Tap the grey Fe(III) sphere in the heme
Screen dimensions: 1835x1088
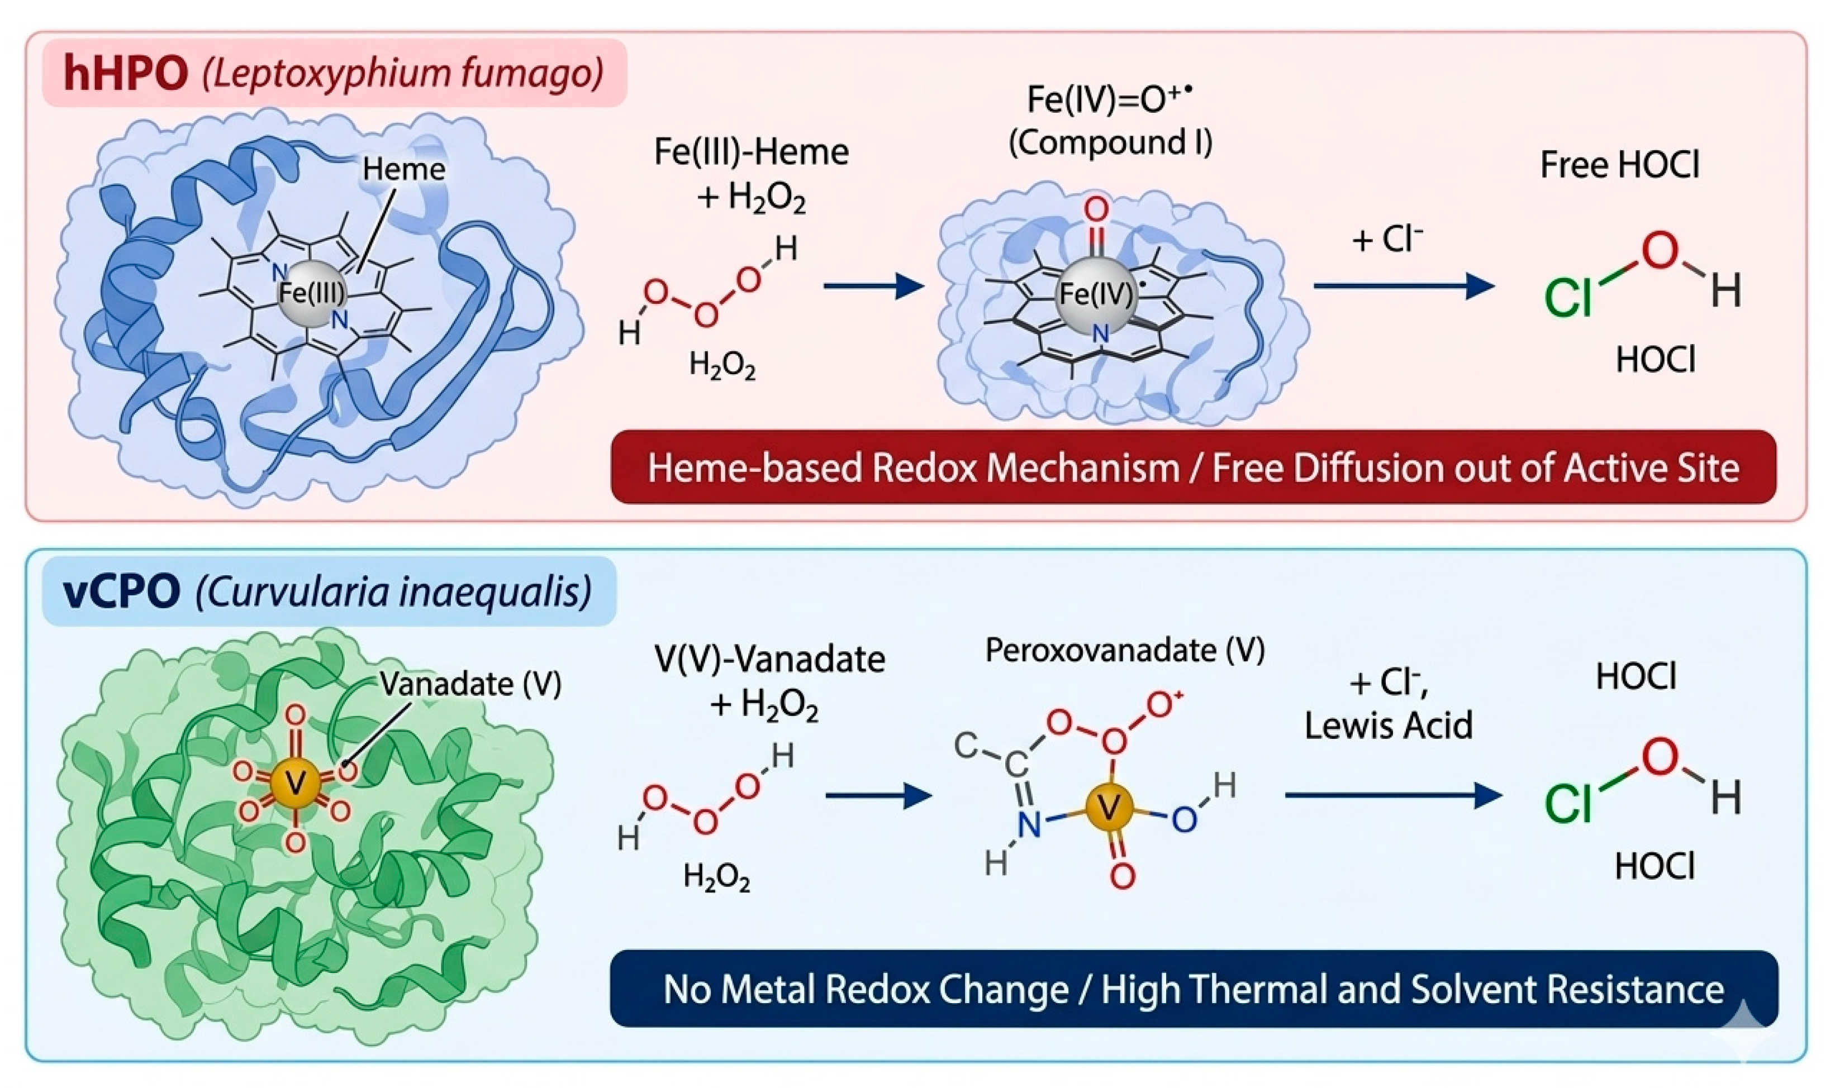(x=312, y=293)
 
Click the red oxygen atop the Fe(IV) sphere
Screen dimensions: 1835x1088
(x=1096, y=211)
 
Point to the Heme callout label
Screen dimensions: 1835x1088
(x=403, y=169)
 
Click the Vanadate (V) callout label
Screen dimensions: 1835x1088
(x=470, y=685)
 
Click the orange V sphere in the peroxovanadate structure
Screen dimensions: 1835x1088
(x=1110, y=809)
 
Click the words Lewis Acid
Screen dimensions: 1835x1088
(x=1389, y=725)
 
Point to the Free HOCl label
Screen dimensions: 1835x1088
(x=1619, y=164)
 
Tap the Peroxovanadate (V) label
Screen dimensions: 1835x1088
(x=1124, y=650)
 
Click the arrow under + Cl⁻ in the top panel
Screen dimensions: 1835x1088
(x=1404, y=285)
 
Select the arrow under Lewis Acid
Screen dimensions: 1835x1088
(x=1394, y=795)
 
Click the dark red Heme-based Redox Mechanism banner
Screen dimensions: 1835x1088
(x=1194, y=467)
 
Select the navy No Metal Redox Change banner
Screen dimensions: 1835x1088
(x=1194, y=988)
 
